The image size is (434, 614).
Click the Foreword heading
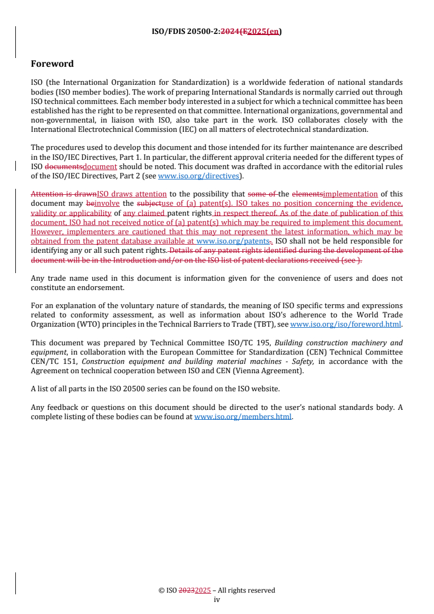coord(52,64)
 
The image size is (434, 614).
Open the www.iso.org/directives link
coord(198,176)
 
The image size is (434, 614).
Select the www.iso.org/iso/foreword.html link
coord(346,324)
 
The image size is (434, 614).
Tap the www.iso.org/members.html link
coord(243,416)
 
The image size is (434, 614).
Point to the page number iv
coord(217,599)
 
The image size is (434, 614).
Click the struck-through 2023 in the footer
coord(187,590)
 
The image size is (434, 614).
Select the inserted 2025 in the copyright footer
coord(203,590)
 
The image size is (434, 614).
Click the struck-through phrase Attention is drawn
coord(63,194)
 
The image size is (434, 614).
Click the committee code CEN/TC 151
coord(53,361)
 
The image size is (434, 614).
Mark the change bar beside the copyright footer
coord(15,583)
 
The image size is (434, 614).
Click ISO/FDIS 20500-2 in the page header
coord(185,31)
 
